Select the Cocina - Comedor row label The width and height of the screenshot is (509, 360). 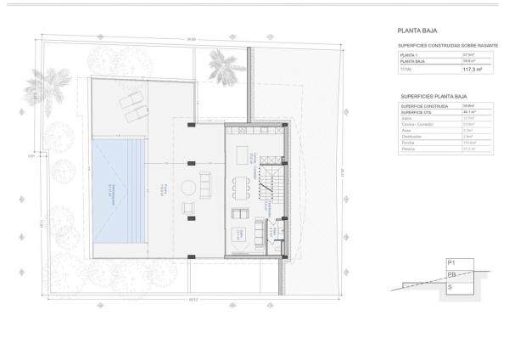click(416, 124)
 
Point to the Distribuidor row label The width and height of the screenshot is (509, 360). click(411, 136)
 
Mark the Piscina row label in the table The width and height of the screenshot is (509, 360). click(407, 149)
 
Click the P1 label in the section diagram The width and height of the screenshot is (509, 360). click(451, 264)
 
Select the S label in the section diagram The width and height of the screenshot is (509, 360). click(450, 289)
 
